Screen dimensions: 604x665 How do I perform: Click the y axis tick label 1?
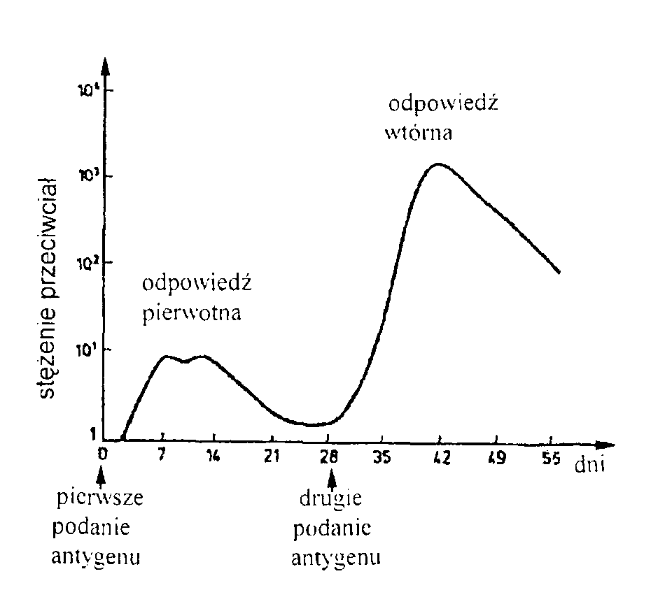pos(92,435)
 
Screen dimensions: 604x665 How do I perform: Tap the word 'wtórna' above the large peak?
pos(418,133)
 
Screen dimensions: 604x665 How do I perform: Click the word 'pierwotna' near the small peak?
pos(192,312)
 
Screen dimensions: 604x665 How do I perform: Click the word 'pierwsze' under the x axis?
pos(100,499)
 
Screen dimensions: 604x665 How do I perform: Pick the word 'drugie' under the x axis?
pos(330,501)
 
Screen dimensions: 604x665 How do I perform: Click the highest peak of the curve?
pos(438,164)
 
